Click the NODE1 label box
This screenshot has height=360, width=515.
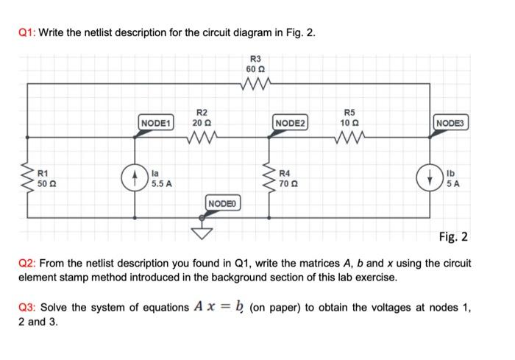[x=157, y=121]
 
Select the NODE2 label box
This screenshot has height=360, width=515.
[x=291, y=121]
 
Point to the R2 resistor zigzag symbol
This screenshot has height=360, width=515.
[x=201, y=137]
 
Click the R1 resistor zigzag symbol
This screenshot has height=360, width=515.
[x=29, y=177]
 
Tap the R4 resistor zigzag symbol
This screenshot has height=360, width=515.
[x=270, y=177]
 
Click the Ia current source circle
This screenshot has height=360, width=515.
[x=134, y=177]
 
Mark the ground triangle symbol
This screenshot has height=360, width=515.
[x=202, y=233]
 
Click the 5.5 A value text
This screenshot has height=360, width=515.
[x=162, y=184]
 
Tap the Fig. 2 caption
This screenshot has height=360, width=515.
[x=453, y=236]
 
